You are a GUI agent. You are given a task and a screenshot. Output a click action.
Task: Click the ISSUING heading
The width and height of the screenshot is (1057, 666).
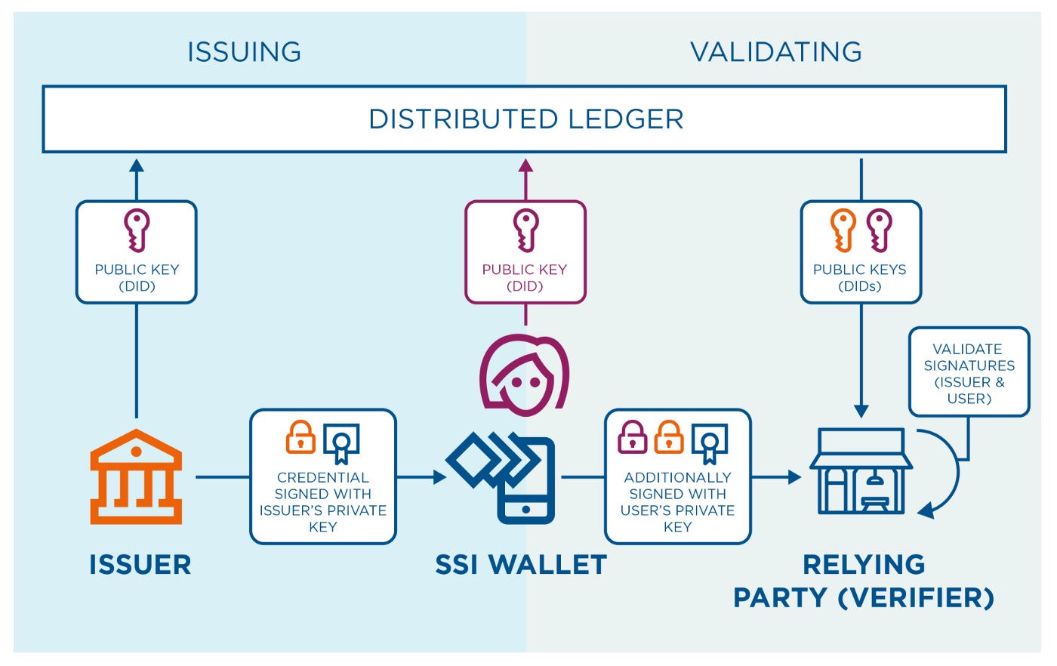(244, 51)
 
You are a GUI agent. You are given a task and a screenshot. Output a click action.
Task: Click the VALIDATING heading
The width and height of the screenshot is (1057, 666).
(776, 51)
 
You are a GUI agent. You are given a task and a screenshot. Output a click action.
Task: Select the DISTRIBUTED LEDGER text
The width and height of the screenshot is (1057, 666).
(526, 119)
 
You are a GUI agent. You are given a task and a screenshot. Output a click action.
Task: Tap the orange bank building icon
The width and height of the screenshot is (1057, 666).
(136, 476)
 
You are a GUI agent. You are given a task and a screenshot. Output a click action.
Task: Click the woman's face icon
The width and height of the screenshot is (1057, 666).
(524, 375)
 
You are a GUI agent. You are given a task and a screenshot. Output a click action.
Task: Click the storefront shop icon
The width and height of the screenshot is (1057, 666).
(861, 470)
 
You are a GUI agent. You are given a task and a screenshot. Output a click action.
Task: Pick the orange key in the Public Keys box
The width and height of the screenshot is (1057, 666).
(843, 230)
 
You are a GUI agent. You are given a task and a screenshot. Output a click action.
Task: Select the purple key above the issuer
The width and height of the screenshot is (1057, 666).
(137, 230)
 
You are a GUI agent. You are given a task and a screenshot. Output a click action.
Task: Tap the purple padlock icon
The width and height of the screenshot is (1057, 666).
(633, 437)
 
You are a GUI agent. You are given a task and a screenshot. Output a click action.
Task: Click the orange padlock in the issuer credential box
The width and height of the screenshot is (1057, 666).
(300, 437)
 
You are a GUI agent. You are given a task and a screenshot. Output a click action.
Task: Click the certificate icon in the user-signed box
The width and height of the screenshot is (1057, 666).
(710, 443)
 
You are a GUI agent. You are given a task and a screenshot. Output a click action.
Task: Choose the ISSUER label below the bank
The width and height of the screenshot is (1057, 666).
(140, 565)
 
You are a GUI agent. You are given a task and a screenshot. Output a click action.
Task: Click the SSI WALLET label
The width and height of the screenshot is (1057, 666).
(521, 565)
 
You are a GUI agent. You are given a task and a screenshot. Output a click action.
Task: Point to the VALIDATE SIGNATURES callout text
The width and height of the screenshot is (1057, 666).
(969, 373)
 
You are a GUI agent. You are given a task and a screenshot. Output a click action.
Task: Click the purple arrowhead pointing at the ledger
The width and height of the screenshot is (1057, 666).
(525, 165)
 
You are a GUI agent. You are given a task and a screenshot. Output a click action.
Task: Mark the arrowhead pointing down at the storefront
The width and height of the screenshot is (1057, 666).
(861, 411)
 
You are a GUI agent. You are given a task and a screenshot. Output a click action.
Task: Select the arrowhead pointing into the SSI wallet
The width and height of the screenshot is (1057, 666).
(439, 477)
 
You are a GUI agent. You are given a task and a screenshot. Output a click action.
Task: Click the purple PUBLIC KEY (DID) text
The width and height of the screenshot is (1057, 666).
(525, 278)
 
